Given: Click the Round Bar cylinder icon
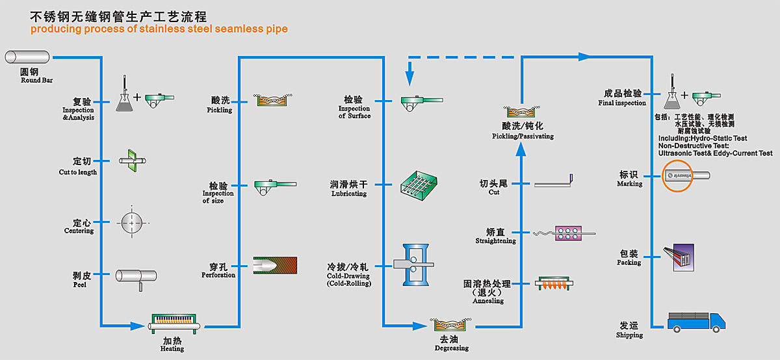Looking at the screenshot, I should click(29, 57).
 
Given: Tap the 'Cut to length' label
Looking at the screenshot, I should click(78, 172).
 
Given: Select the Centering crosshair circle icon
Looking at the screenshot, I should click(132, 223).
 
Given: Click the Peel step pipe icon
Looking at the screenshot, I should click(136, 276).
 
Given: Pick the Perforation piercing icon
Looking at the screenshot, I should click(274, 265).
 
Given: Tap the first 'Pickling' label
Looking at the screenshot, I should click(220, 110).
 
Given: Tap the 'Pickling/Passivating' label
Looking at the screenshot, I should click(523, 136).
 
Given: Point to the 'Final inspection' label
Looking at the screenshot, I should click(622, 103).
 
